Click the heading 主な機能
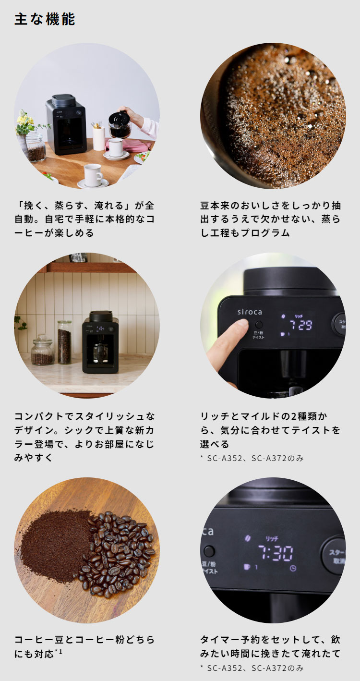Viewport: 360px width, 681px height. point(45,19)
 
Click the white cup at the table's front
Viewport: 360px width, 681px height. point(93,175)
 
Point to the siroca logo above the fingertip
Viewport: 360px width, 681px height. point(250,312)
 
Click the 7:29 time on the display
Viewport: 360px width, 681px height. point(300,325)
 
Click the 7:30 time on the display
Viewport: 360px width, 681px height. point(276,553)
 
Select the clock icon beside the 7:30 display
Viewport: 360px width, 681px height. point(293,568)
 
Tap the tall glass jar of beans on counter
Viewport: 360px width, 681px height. point(64,342)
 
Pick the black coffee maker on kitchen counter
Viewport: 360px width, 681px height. point(100,342)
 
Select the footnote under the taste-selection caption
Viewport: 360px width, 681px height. point(252,458)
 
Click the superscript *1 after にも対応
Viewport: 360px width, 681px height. point(59,652)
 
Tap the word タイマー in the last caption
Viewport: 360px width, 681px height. point(220,640)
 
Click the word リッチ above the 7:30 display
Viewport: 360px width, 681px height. point(272,539)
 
